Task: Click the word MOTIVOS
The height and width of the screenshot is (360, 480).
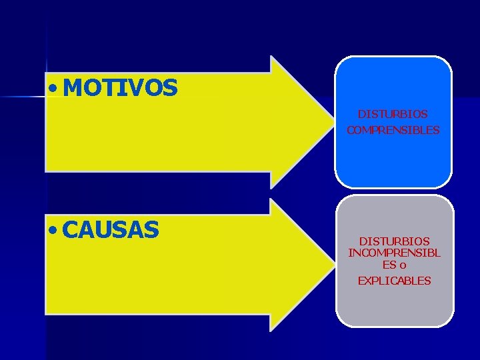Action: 121,87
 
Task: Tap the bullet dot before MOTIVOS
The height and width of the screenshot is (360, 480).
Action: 53,88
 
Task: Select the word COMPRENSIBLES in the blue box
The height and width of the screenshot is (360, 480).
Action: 393,131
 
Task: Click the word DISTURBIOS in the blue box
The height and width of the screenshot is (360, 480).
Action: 393,115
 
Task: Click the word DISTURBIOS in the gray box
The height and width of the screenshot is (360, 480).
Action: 395,240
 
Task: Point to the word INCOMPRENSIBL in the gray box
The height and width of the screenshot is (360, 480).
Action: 395,253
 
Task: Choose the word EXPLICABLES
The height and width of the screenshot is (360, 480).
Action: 395,281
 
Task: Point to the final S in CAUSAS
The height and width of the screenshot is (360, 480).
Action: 152,230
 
